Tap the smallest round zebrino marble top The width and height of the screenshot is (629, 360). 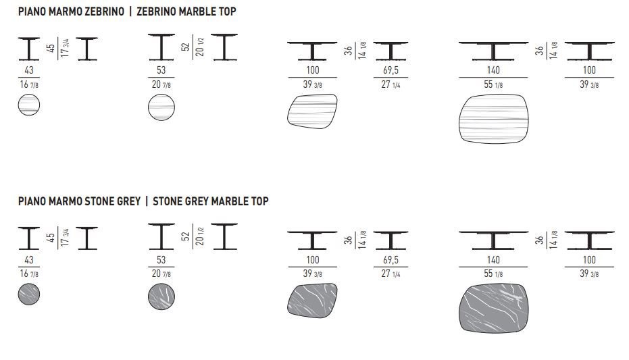click(x=29, y=105)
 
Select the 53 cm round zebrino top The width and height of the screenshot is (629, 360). click(x=161, y=107)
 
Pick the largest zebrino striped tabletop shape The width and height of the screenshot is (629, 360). click(x=493, y=118)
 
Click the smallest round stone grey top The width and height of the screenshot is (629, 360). click(x=29, y=294)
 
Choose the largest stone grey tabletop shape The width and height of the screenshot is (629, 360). click(x=493, y=308)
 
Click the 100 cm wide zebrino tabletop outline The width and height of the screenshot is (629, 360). click(x=312, y=111)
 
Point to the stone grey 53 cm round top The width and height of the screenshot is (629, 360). click(x=161, y=297)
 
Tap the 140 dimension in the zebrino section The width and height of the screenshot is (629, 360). click(x=493, y=70)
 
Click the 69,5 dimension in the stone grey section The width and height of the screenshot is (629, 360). click(x=391, y=260)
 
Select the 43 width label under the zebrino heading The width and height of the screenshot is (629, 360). click(x=29, y=70)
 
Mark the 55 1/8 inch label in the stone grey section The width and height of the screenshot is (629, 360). click(x=493, y=274)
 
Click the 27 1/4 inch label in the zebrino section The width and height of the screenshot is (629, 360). click(x=391, y=84)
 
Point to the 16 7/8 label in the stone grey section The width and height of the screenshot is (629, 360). click(x=29, y=274)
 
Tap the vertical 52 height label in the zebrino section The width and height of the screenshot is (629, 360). click(x=185, y=47)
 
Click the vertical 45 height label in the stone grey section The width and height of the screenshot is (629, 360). click(x=51, y=238)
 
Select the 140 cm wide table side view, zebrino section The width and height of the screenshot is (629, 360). click(x=493, y=51)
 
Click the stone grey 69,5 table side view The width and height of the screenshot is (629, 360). click(x=391, y=240)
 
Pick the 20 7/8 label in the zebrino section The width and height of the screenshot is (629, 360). click(x=161, y=84)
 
